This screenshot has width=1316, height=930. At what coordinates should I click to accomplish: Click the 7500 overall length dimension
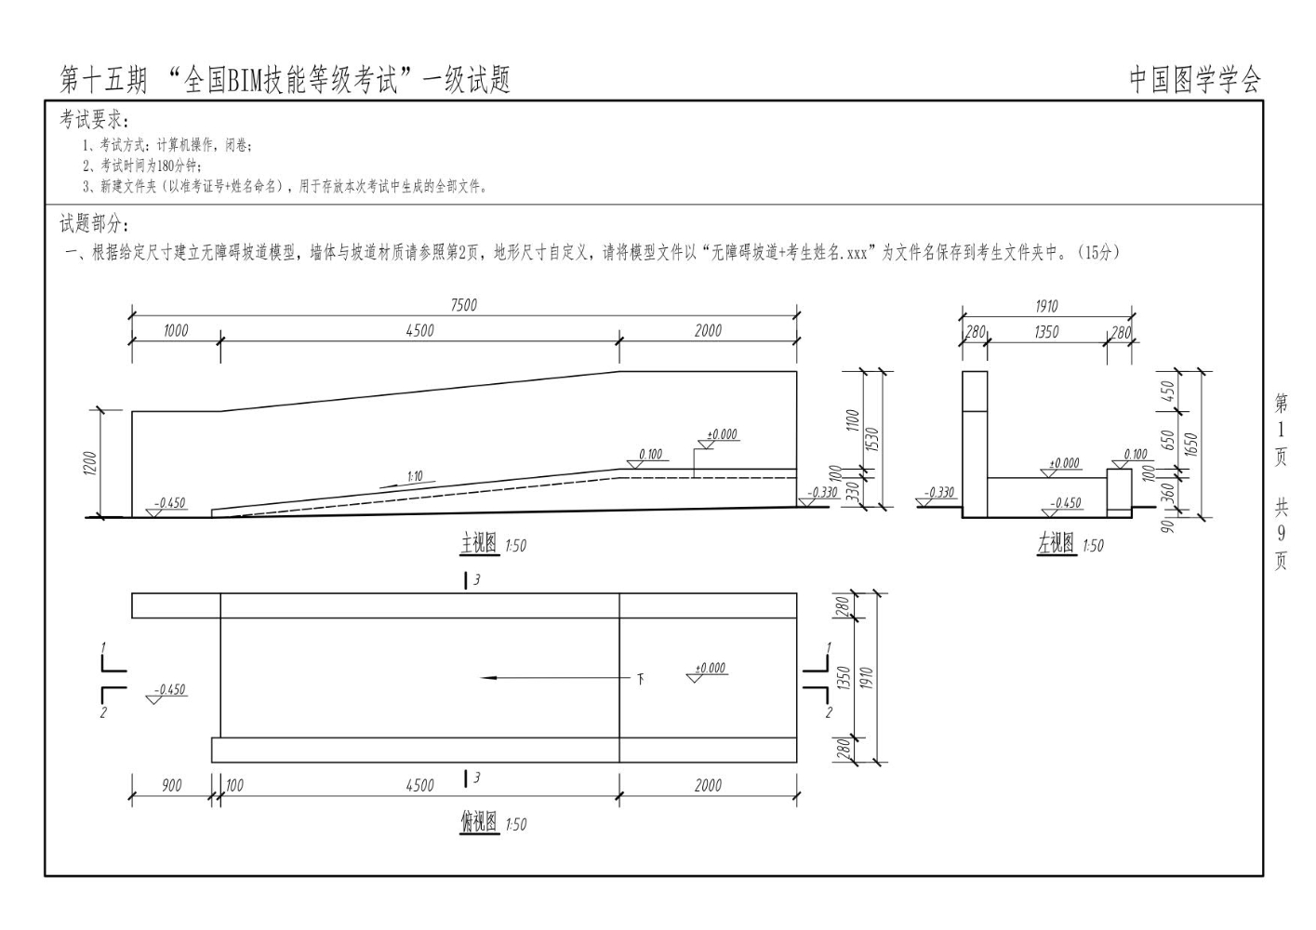click(463, 305)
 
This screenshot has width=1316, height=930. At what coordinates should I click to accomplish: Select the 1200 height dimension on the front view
click(90, 462)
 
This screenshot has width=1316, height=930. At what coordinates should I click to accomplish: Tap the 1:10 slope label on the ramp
click(415, 476)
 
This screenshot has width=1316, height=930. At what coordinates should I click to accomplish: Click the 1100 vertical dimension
click(853, 419)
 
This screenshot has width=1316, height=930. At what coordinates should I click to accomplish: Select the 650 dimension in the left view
click(1169, 437)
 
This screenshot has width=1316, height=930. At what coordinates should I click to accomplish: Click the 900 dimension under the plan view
click(172, 786)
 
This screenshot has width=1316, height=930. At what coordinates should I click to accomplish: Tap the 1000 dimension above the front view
click(175, 330)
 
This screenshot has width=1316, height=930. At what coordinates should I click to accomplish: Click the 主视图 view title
click(479, 544)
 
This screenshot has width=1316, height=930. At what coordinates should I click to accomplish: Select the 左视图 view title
click(1056, 544)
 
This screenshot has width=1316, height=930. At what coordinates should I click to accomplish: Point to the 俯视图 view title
click(479, 823)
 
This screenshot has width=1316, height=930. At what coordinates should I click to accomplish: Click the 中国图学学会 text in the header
click(1195, 81)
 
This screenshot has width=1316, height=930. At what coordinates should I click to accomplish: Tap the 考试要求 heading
click(95, 120)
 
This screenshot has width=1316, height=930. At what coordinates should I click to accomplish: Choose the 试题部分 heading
click(95, 224)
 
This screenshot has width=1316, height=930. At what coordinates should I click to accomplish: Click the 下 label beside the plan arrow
click(640, 678)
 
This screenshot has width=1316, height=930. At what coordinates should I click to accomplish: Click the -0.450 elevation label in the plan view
click(170, 690)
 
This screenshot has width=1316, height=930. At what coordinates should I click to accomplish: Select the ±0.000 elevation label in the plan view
click(711, 668)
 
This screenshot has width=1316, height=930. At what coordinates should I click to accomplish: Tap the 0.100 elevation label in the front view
click(650, 455)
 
